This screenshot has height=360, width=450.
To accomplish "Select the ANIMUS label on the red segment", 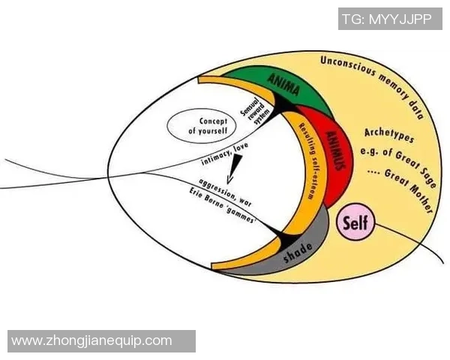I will [x=334, y=150].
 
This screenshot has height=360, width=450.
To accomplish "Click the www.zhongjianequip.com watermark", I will [x=92, y=341].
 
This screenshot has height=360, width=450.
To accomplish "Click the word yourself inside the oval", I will [x=202, y=131].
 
